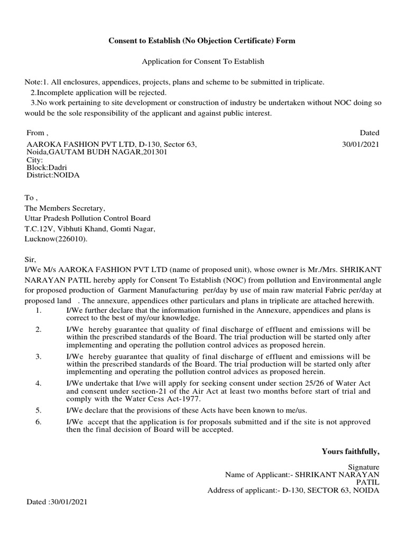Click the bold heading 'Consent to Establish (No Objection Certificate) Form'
pos(202,41)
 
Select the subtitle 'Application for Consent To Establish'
pos(202,62)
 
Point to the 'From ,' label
pos(37,133)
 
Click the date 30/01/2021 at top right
pos(361,144)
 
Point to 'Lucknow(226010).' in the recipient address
pos(56,239)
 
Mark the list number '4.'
pos(39,383)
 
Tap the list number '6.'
pos(39,422)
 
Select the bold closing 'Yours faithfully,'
pos(350,451)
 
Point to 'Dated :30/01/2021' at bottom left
pos(57,502)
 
